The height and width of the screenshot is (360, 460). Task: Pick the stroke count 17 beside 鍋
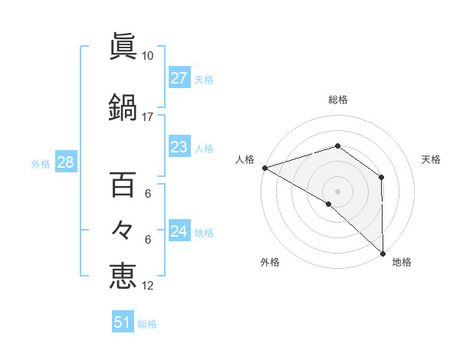148,116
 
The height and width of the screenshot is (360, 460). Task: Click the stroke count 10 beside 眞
148,56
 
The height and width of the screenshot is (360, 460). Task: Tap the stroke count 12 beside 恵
148,286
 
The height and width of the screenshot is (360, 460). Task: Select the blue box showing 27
179,78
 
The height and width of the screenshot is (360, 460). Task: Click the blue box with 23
179,147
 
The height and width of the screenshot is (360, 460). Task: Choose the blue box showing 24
179,231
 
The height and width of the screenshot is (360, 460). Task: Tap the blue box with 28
65,162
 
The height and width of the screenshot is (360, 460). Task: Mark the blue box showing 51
123,322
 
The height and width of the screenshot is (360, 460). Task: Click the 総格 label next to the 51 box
147,324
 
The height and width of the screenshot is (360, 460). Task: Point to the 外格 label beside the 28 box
41,163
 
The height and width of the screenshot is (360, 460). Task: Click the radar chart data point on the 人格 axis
264,168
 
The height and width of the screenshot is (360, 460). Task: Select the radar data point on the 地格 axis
383,253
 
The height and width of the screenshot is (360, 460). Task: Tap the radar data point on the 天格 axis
381,178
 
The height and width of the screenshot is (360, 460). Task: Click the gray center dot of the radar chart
337,191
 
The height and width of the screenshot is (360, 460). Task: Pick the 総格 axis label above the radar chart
337,100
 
